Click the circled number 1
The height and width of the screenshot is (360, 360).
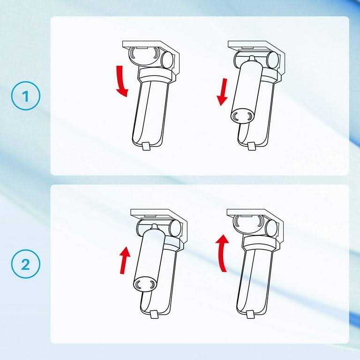point(25,96)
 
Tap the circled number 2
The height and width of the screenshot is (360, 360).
point(25,264)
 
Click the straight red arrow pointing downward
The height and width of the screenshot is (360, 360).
point(223,92)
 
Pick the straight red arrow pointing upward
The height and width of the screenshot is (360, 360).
point(125,260)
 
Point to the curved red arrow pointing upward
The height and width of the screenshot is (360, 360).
point(222,253)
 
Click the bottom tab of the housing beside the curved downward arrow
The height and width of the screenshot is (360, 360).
point(146,146)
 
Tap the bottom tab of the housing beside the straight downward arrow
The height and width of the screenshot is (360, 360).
point(251,146)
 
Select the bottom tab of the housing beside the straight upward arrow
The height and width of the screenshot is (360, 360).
point(154,314)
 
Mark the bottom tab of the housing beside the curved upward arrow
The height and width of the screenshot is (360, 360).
point(250,314)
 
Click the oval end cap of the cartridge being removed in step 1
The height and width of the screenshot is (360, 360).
point(242,117)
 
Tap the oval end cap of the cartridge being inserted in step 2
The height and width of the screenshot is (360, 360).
point(145,285)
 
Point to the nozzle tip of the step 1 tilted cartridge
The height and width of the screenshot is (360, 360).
point(252,57)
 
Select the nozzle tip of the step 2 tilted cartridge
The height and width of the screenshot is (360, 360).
point(155,226)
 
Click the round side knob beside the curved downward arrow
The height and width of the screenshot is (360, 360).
point(167,59)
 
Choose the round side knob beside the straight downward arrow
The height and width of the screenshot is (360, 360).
point(272,60)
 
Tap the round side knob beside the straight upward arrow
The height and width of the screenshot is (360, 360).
point(175,227)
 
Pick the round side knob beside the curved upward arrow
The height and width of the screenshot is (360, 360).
point(271,227)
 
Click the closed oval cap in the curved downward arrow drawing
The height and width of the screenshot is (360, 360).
point(143,56)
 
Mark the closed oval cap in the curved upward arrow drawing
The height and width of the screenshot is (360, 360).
point(247,224)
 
